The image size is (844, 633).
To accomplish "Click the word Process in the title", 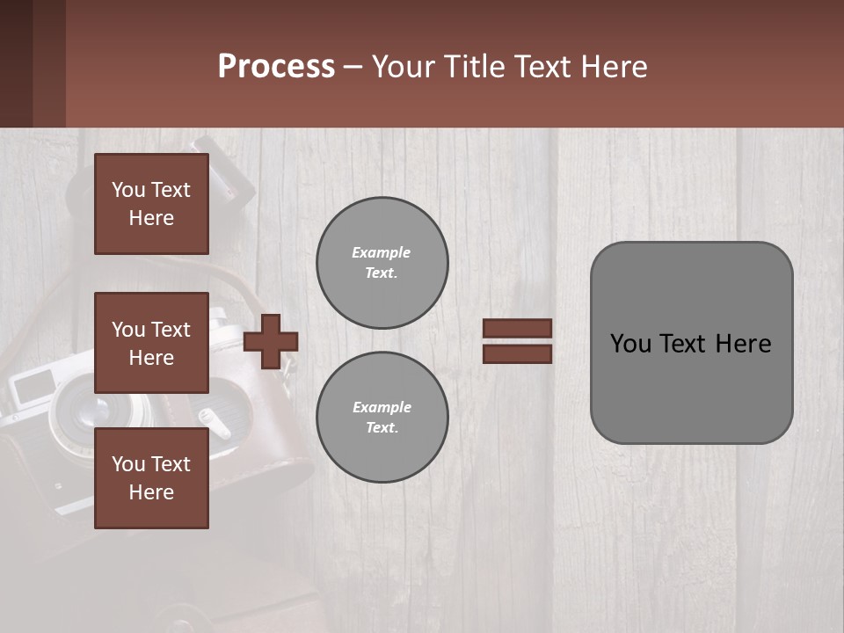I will pyautogui.click(x=276, y=66).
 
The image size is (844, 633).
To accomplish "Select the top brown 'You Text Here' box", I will pyautogui.click(x=151, y=204).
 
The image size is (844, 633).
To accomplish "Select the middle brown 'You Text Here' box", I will pyautogui.click(x=151, y=343).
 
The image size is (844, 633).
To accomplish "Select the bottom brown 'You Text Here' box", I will pyautogui.click(x=151, y=478).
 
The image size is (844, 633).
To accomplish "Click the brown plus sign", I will pyautogui.click(x=271, y=341).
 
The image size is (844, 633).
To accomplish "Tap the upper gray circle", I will pyautogui.click(x=382, y=263).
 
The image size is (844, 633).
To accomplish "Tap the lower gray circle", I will pyautogui.click(x=382, y=418).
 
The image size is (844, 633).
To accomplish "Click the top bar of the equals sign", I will pyautogui.click(x=517, y=329).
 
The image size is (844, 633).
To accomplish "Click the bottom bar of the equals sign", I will pyautogui.click(x=517, y=353).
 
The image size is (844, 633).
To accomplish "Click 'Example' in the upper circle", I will pyautogui.click(x=382, y=252).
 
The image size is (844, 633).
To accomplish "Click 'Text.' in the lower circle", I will pyautogui.click(x=382, y=428).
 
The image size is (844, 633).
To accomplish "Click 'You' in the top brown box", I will pyautogui.click(x=128, y=190).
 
